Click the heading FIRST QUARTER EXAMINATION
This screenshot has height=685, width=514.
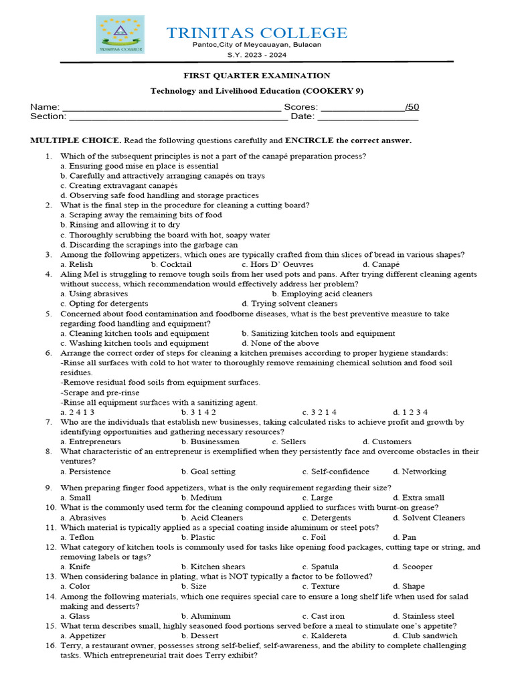pos(257,76)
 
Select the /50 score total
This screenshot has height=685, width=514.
pos(412,107)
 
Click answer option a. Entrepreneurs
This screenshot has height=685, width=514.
pos(90,442)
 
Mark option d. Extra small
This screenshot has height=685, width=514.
pos(419,498)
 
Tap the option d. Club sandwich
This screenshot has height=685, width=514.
pos(425,635)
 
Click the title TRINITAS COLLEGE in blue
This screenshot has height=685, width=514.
pos(257,33)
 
